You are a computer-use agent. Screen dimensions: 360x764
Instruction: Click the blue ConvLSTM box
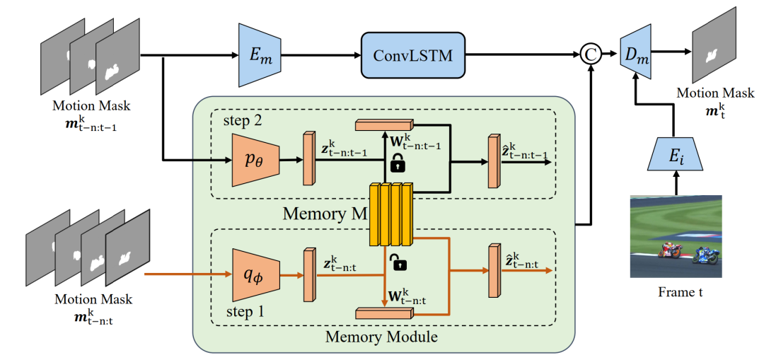413,55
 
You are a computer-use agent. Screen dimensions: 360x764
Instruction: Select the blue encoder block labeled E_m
260,54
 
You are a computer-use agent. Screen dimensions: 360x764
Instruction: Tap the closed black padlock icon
398,163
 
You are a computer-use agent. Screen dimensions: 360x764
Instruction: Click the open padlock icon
400,264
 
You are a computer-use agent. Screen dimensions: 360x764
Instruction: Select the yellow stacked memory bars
390,214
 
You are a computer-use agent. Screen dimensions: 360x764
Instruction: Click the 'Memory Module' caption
381,336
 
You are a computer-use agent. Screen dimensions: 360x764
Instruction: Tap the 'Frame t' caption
676,290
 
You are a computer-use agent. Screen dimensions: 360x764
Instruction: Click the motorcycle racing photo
676,236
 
